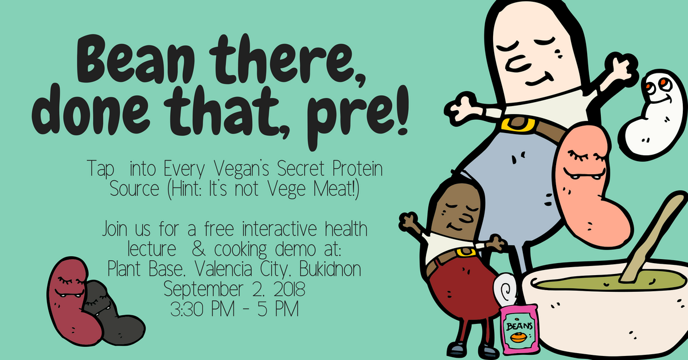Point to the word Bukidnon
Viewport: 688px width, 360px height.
330,269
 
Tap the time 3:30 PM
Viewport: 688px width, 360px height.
202,309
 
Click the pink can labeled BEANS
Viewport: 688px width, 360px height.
519,329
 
